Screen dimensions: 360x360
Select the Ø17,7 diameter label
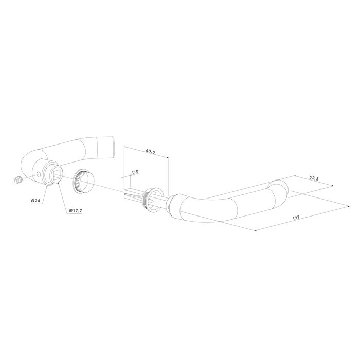click(76, 210)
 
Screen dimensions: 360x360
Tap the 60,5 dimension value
click(151, 152)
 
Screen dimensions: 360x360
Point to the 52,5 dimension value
click(314, 178)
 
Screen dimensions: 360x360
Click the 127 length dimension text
click(296, 218)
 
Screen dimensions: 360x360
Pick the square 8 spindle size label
click(136, 171)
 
